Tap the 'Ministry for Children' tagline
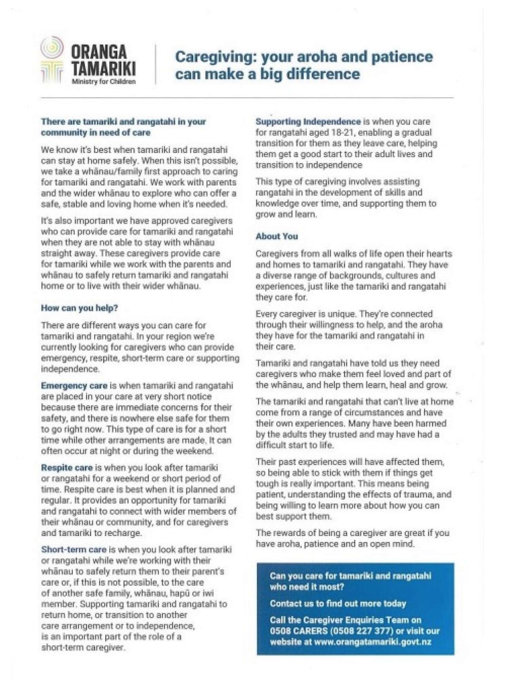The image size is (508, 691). point(104,82)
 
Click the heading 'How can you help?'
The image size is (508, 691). point(79,308)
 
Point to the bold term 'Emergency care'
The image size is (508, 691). point(74,385)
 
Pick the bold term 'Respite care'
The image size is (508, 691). point(67,467)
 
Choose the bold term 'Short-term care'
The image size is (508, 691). point(74,550)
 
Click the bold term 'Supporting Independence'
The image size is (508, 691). point(308,122)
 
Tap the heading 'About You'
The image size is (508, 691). point(276,236)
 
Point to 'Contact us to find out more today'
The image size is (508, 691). point(338,604)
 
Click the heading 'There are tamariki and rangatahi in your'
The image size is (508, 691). point(123,122)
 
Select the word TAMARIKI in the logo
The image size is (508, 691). point(103,69)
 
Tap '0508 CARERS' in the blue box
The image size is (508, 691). point(299,631)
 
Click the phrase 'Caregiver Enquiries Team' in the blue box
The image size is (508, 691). point(346,620)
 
